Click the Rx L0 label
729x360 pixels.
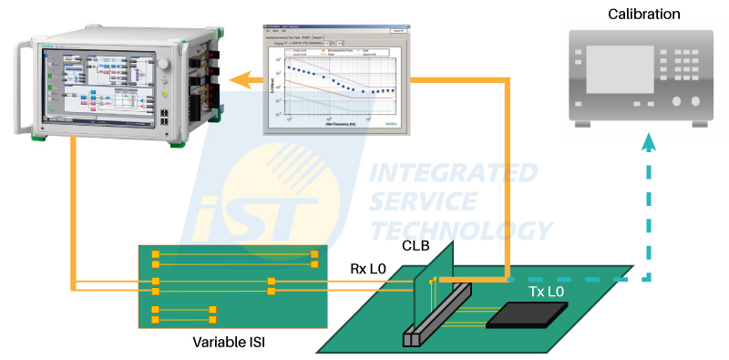click(370, 270)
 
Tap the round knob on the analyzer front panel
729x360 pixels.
click(164, 67)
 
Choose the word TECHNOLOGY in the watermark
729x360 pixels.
click(464, 231)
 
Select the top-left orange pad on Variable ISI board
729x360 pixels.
click(156, 254)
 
